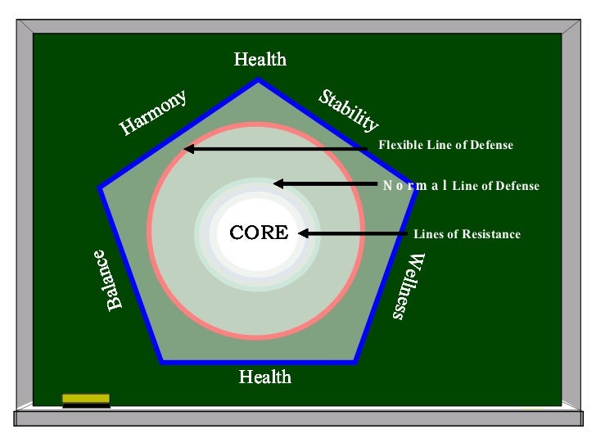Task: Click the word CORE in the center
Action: (x=259, y=233)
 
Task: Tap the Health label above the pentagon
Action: (x=260, y=59)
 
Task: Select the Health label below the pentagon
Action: (x=264, y=377)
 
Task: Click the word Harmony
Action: (x=153, y=112)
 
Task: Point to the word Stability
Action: (x=349, y=111)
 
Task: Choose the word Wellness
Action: (x=406, y=286)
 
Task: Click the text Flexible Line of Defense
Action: (x=445, y=145)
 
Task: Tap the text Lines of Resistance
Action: (x=467, y=234)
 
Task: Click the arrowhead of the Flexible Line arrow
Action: (x=188, y=149)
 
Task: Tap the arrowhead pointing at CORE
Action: (x=304, y=233)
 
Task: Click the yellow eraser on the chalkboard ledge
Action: (x=86, y=399)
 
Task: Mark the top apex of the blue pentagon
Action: (x=260, y=80)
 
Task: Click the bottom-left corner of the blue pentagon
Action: (x=162, y=360)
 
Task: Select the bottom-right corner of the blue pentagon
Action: (x=356, y=360)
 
